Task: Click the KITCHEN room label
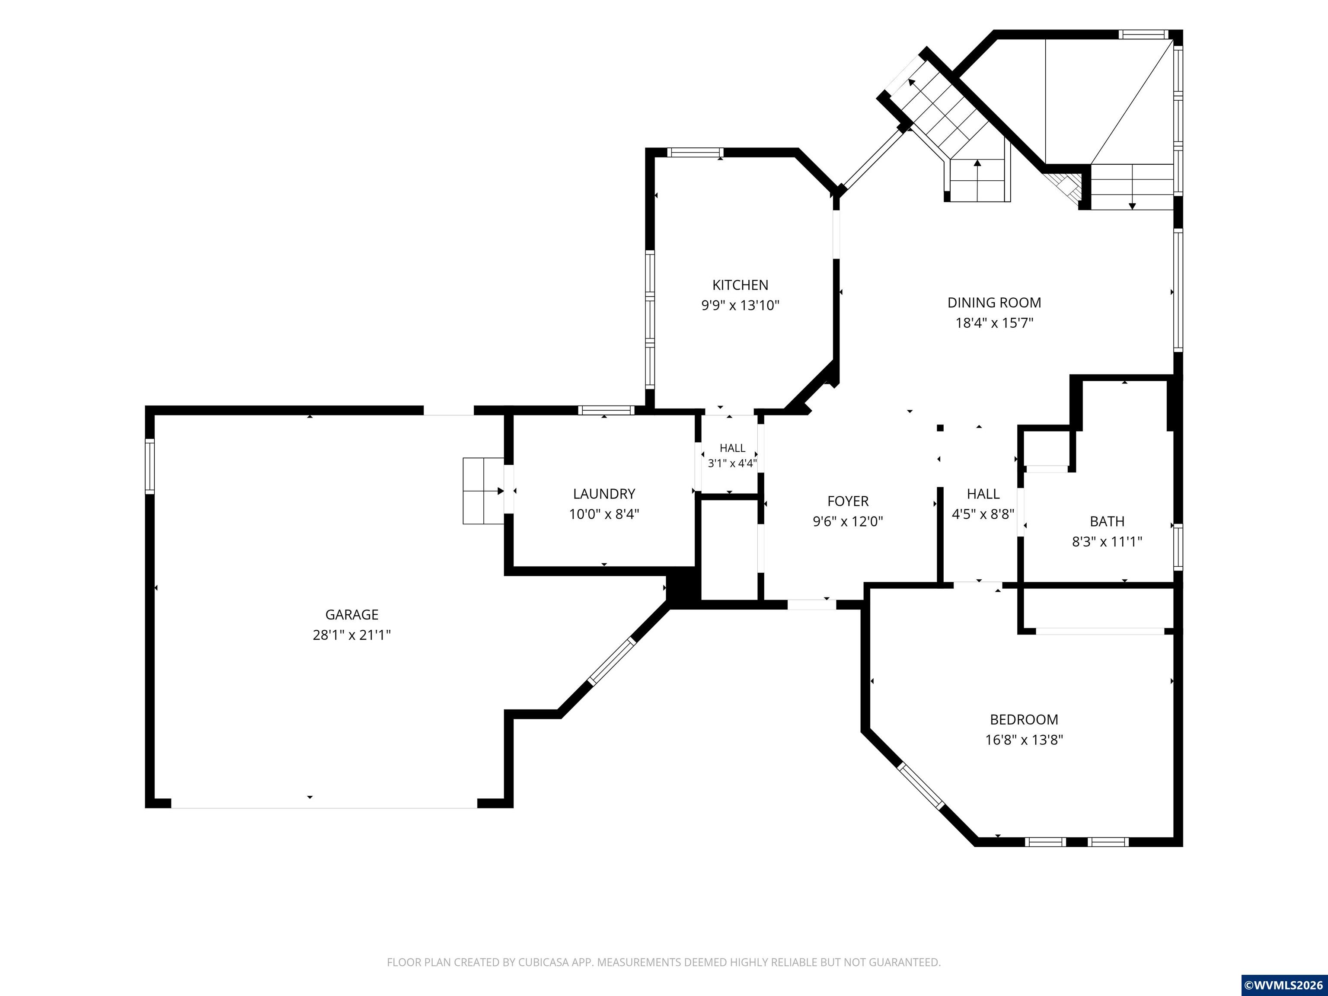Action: (740, 285)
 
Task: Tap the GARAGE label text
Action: (352, 615)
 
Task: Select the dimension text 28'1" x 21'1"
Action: (352, 635)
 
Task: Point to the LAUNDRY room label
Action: (604, 494)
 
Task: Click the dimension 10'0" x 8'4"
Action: (604, 514)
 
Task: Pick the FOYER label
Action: (848, 501)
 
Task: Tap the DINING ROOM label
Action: (994, 303)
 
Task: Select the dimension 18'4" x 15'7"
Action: (994, 323)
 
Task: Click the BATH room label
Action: (1107, 522)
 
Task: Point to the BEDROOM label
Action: (1024, 720)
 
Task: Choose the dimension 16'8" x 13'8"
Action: (1024, 740)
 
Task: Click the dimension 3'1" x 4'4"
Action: (732, 463)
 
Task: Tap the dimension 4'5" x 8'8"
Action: (983, 514)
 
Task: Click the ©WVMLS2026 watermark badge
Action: (1284, 985)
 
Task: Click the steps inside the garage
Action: (483, 491)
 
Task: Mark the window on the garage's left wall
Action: (150, 466)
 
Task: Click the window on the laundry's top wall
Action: (607, 411)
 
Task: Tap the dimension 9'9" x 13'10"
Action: (740, 306)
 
